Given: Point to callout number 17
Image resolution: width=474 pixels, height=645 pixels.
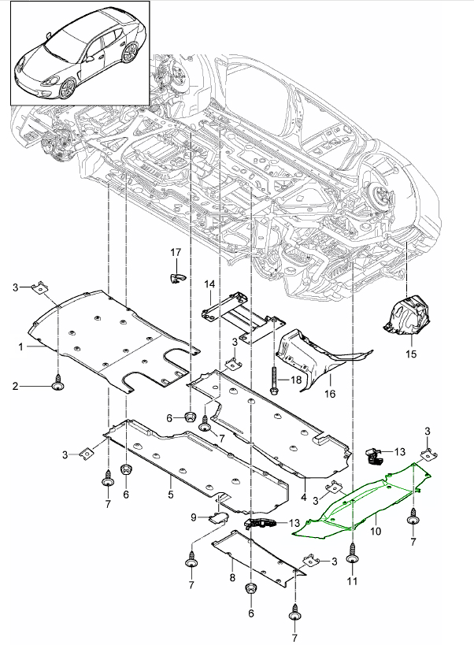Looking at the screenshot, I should tap(176, 251).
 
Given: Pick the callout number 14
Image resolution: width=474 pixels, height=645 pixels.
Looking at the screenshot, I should tap(210, 284).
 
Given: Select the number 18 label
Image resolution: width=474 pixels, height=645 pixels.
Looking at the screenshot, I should tap(296, 380).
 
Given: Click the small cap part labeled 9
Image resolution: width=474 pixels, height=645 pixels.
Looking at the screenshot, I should tap(217, 517).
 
